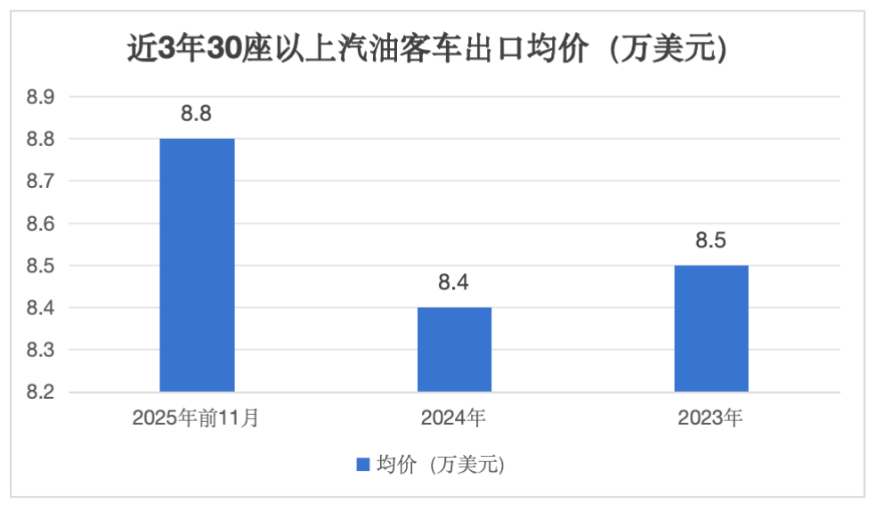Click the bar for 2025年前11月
(x=197, y=264)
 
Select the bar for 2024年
(x=454, y=349)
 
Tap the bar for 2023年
(x=711, y=328)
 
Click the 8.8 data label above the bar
(x=197, y=113)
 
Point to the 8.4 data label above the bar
(x=454, y=283)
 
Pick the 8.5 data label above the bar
(x=711, y=240)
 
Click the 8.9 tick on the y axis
(x=40, y=97)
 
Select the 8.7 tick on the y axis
(x=40, y=182)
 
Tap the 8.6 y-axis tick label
(x=40, y=224)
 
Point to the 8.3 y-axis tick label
(x=40, y=351)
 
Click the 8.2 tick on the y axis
(x=40, y=393)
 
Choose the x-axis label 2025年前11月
(x=197, y=418)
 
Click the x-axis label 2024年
(x=454, y=418)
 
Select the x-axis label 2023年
(x=711, y=418)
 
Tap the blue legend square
(x=362, y=464)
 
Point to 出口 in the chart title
(x=503, y=48)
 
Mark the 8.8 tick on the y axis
(x=40, y=140)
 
